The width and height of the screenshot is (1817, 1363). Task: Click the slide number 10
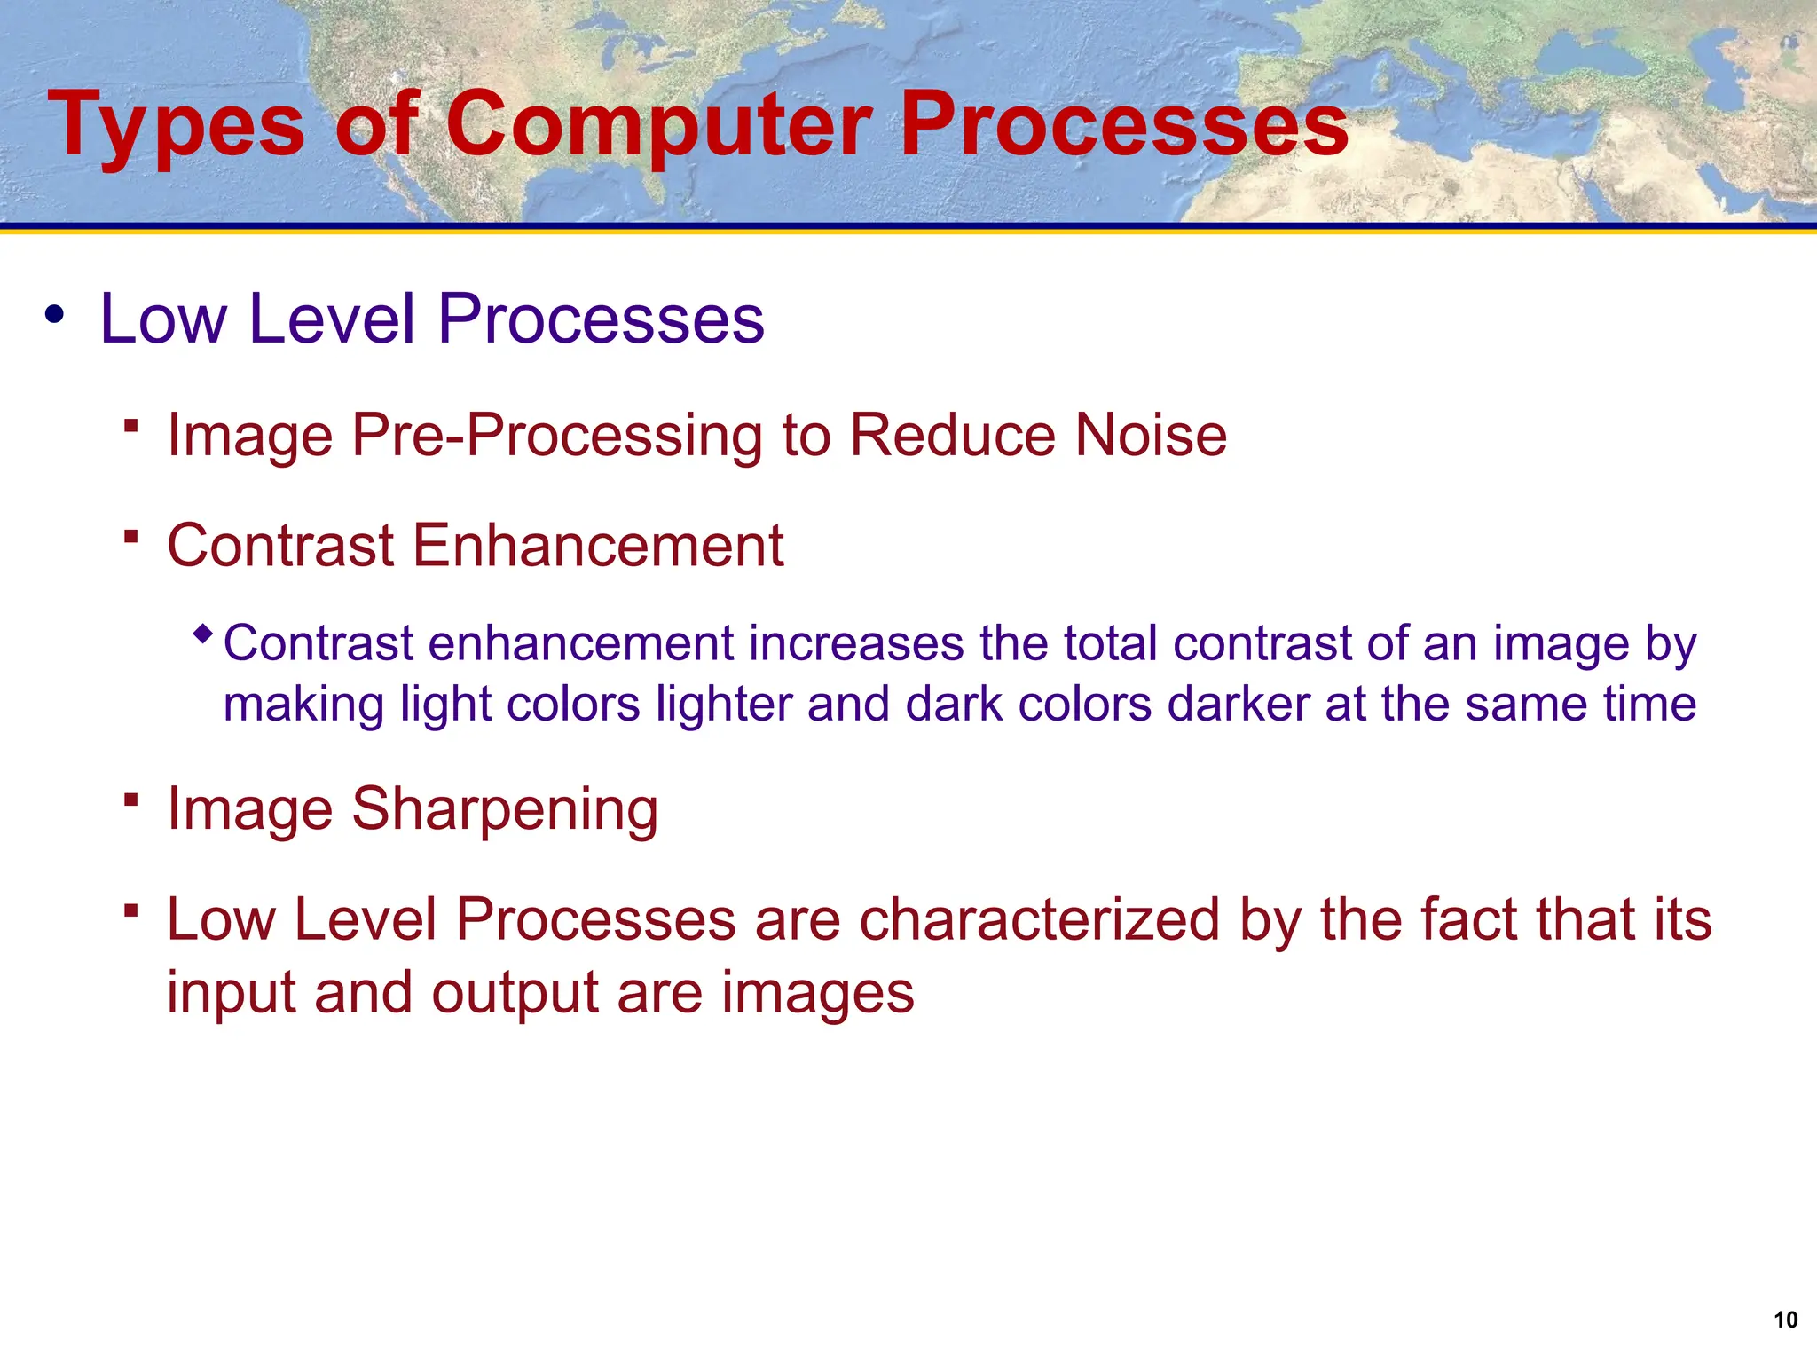click(1785, 1320)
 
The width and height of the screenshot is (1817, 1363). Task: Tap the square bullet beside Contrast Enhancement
click(131, 535)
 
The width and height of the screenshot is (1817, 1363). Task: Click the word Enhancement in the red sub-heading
click(598, 545)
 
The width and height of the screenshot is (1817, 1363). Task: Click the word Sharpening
click(505, 810)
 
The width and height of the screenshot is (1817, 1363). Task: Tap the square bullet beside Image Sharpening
click(131, 800)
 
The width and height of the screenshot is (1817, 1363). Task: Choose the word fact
click(1469, 919)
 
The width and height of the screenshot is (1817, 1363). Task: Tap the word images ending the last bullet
click(817, 994)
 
